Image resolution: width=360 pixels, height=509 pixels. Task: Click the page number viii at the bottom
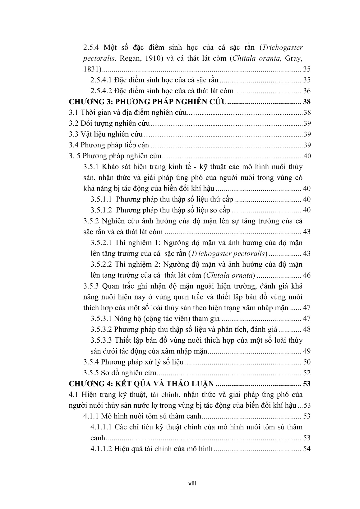tap(192, 484)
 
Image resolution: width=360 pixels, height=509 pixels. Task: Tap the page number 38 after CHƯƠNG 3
tap(307, 102)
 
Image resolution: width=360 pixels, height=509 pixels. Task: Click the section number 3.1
tap(74, 113)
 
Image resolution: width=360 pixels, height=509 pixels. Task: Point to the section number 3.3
tap(74, 134)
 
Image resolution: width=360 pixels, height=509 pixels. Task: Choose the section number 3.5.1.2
tap(101, 210)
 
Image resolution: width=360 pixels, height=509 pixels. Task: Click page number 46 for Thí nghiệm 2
tap(307, 275)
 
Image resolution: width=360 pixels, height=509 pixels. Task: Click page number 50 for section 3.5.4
tap(307, 362)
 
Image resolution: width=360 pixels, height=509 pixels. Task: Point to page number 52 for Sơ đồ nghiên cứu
tap(307, 373)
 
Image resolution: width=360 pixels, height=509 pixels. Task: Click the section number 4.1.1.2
tap(101, 449)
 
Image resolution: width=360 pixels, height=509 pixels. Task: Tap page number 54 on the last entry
tap(307, 449)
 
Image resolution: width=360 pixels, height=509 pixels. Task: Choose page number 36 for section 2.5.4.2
tap(307, 91)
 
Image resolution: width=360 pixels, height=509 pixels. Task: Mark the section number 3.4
tap(74, 145)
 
